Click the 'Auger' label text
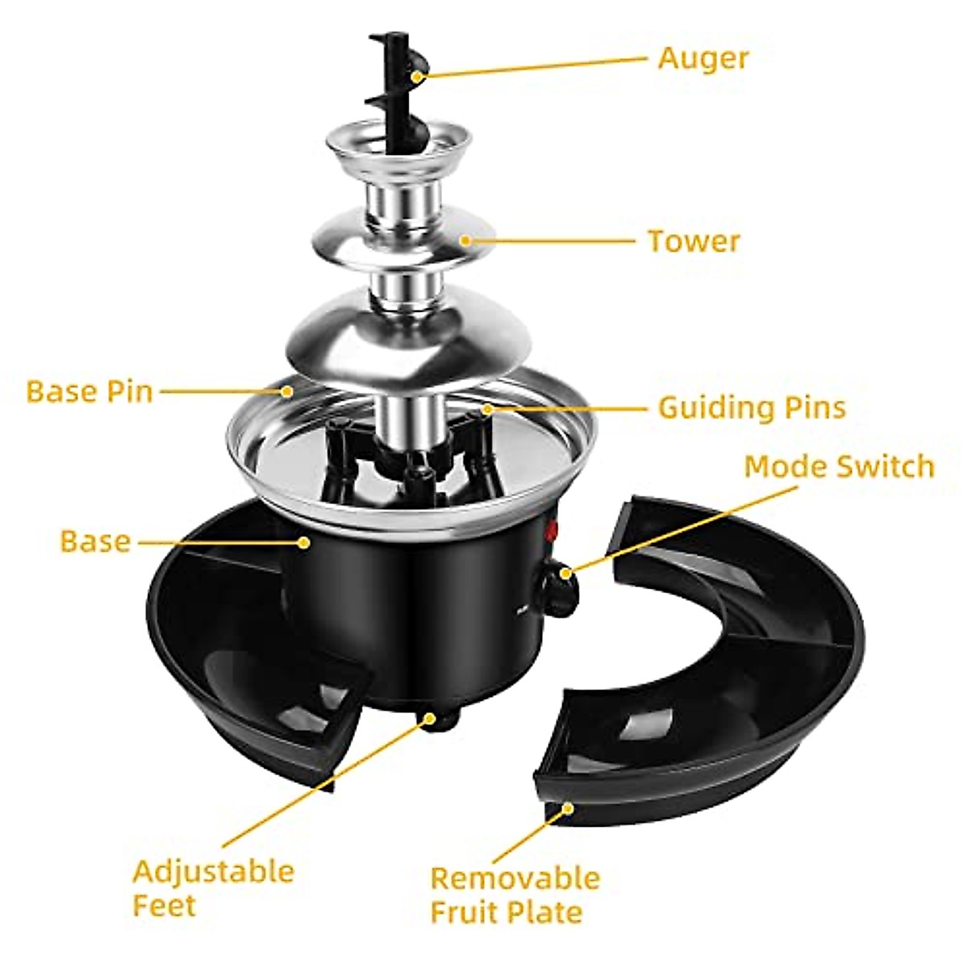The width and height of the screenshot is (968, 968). point(703,58)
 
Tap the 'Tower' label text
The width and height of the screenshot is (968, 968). point(694,241)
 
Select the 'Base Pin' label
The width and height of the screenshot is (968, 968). point(90,392)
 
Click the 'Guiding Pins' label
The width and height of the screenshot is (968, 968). point(752,407)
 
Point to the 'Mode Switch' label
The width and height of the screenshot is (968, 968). point(839,466)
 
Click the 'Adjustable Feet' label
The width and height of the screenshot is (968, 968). point(213,888)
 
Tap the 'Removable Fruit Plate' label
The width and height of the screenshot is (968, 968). point(515,895)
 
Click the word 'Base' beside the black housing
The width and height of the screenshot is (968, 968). point(95,541)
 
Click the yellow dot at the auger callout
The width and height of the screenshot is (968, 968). point(417,77)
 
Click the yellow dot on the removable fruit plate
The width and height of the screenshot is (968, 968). point(569,807)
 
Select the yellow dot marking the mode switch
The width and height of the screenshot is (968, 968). point(567,574)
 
